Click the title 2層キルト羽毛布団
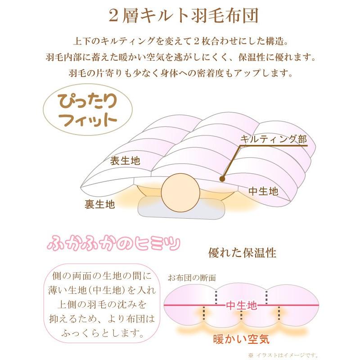(180, 17)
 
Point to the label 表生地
(125, 161)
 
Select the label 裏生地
(100, 204)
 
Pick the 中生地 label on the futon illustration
(264, 191)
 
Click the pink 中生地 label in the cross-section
(241, 306)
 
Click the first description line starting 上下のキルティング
(180, 42)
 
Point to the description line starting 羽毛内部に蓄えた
(180, 58)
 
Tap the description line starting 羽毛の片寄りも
(180, 72)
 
